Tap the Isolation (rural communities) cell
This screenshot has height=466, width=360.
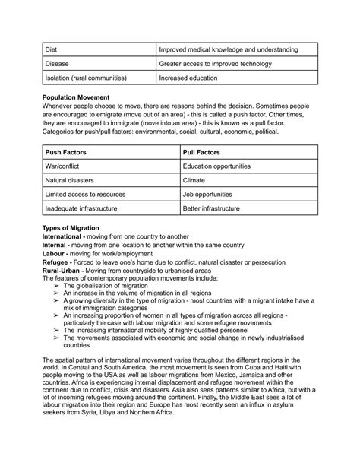click(86, 78)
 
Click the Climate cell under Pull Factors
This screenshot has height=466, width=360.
click(195, 180)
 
